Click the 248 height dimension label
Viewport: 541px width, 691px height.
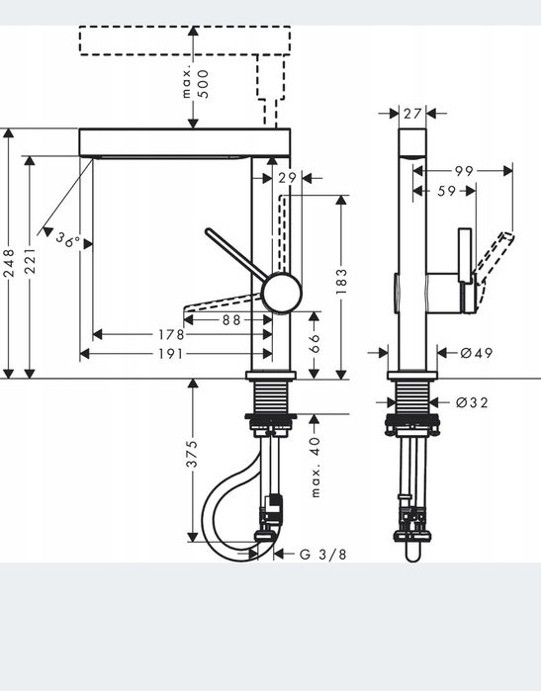9,265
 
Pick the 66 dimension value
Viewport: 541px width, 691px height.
316,343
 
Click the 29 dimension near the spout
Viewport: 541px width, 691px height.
287,178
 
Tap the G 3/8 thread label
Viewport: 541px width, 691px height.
322,554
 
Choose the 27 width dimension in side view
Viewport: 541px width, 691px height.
412,114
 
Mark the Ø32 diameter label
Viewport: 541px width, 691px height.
472,402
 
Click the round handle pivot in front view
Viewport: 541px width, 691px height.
278,292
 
